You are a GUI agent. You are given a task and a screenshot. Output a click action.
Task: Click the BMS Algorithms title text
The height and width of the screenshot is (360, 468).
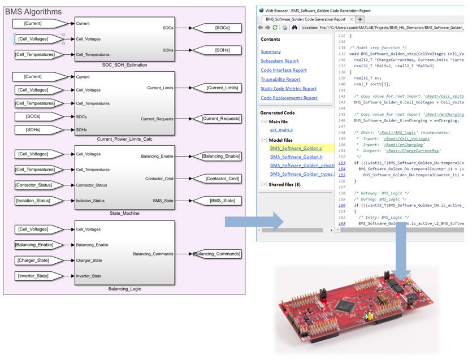(33, 11)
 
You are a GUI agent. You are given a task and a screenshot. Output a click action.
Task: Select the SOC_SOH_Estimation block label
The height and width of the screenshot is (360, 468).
(125, 65)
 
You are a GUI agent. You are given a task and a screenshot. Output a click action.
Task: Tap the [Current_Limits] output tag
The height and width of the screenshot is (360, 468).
(222, 88)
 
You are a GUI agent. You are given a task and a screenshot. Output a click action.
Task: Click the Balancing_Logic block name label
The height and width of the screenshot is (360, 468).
(125, 289)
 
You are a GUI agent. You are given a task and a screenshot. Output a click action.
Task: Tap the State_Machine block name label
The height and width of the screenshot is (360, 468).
(125, 213)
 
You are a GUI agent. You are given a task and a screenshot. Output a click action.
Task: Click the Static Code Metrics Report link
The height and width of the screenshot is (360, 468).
(288, 89)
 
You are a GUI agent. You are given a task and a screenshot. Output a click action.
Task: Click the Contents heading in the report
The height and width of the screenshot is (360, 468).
(270, 40)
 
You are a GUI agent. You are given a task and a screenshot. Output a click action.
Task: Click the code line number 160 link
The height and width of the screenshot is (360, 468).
(342, 205)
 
